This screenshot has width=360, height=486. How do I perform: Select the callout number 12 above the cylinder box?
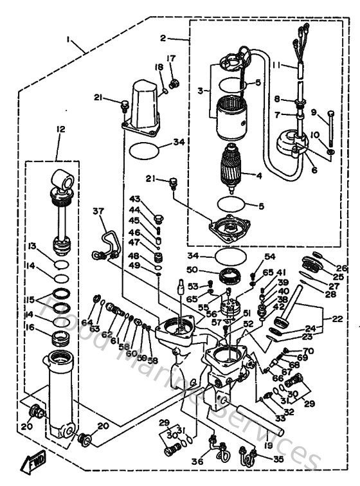click(x=60, y=129)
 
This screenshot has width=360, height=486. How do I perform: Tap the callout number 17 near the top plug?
click(x=171, y=59)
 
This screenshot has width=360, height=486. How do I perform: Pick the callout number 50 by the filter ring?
click(x=209, y=270)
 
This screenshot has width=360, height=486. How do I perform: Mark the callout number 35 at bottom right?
click(x=278, y=460)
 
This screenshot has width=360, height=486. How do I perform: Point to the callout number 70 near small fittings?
click(x=307, y=350)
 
